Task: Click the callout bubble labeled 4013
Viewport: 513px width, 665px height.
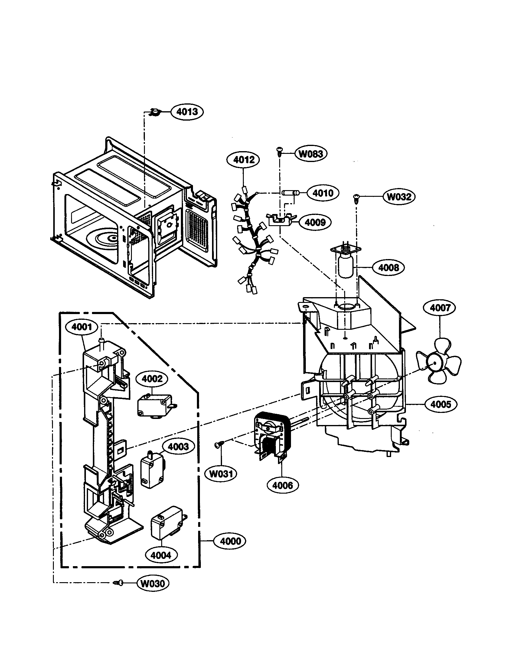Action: (187, 112)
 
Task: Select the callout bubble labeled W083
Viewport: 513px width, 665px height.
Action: (310, 154)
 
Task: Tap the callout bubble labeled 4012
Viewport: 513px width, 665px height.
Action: (243, 160)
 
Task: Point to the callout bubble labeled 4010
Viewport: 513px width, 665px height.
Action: (323, 193)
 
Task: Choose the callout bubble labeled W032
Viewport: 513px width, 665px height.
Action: (399, 197)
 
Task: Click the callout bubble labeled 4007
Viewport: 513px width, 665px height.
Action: (440, 308)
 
